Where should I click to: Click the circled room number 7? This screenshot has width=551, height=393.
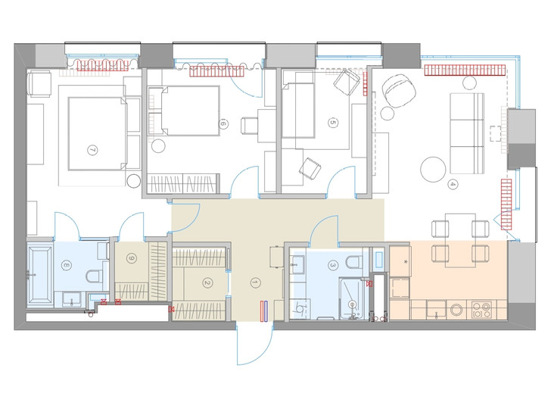point(92,151)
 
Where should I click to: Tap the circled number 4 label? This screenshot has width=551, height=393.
point(453,184)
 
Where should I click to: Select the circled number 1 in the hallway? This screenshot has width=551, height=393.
point(256,282)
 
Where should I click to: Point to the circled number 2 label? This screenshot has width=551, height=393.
point(207,282)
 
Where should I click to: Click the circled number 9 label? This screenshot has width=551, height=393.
point(132,259)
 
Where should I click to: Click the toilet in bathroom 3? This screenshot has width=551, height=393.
point(352,261)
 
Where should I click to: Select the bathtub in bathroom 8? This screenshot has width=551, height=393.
point(40,275)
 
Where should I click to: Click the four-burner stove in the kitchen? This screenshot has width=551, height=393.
point(482,310)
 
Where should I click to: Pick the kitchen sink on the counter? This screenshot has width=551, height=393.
point(436,310)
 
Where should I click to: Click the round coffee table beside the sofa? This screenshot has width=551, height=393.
point(433,169)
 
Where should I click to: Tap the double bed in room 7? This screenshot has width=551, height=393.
point(97,133)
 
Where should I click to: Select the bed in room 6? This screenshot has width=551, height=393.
point(185,111)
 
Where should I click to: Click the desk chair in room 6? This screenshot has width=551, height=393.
point(250,126)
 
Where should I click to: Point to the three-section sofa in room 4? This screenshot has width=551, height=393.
point(467,133)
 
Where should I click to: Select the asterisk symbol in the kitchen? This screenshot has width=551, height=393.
point(406,262)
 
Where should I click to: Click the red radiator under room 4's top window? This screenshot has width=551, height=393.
point(465,70)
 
